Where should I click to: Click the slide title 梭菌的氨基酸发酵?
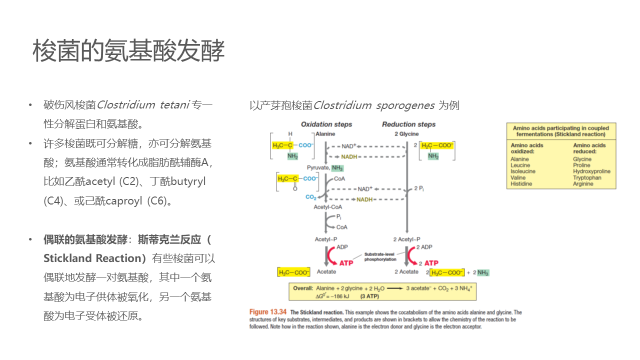pyautogui.click(x=128, y=51)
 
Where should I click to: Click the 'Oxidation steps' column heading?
pyautogui.click(x=326, y=124)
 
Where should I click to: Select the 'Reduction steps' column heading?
pyautogui.click(x=408, y=124)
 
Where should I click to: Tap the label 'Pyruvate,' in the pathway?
pyautogui.click(x=317, y=168)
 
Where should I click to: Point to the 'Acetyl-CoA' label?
pyautogui.click(x=327, y=207)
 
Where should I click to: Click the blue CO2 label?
pyautogui.click(x=311, y=197)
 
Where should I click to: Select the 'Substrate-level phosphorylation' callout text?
pyautogui.click(x=380, y=256)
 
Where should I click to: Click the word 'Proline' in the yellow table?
pyautogui.click(x=581, y=165)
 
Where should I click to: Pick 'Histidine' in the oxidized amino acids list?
pyautogui.click(x=521, y=183)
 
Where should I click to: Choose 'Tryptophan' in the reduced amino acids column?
pyautogui.click(x=587, y=177)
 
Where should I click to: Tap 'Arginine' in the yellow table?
pyautogui.click(x=583, y=183)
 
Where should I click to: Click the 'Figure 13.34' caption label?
pyautogui.click(x=268, y=312)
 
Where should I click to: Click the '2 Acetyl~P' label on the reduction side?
pyautogui.click(x=406, y=239)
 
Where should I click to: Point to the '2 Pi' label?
pyautogui.click(x=419, y=188)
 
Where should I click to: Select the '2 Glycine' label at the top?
pyautogui.click(x=406, y=134)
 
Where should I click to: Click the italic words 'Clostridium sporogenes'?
pyautogui.click(x=373, y=105)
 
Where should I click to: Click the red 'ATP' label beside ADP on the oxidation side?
pyautogui.click(x=346, y=263)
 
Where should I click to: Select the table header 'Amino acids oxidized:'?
pyautogui.click(x=526, y=148)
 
